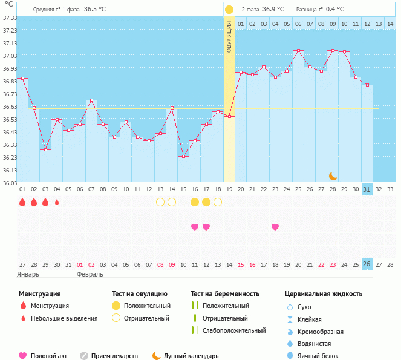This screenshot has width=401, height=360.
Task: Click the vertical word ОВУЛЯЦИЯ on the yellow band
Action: click(x=229, y=36)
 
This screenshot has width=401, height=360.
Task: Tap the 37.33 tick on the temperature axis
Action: click(x=9, y=18)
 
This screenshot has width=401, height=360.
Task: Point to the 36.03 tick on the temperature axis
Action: click(x=9, y=183)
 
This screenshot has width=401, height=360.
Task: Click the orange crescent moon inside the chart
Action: click(x=333, y=176)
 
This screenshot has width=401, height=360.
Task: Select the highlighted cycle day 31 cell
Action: click(x=367, y=189)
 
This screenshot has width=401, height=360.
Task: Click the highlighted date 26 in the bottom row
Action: click(x=367, y=264)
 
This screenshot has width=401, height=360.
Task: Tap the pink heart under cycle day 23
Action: click(x=275, y=227)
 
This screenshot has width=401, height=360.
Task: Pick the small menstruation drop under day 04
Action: click(x=57, y=202)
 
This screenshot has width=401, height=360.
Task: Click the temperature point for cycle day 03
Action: click(x=45, y=149)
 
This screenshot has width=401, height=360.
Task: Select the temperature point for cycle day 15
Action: click(x=183, y=156)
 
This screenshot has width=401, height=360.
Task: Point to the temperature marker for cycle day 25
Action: click(x=298, y=51)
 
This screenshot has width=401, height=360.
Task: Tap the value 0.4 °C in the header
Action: click(x=335, y=10)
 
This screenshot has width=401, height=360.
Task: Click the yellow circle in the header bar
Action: click(x=229, y=10)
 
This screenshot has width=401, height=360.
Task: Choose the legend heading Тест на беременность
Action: click(x=224, y=294)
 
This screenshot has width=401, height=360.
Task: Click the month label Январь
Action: click(x=28, y=274)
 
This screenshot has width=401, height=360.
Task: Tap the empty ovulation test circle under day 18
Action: click(x=218, y=202)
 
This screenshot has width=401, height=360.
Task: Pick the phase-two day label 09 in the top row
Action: click(x=333, y=24)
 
